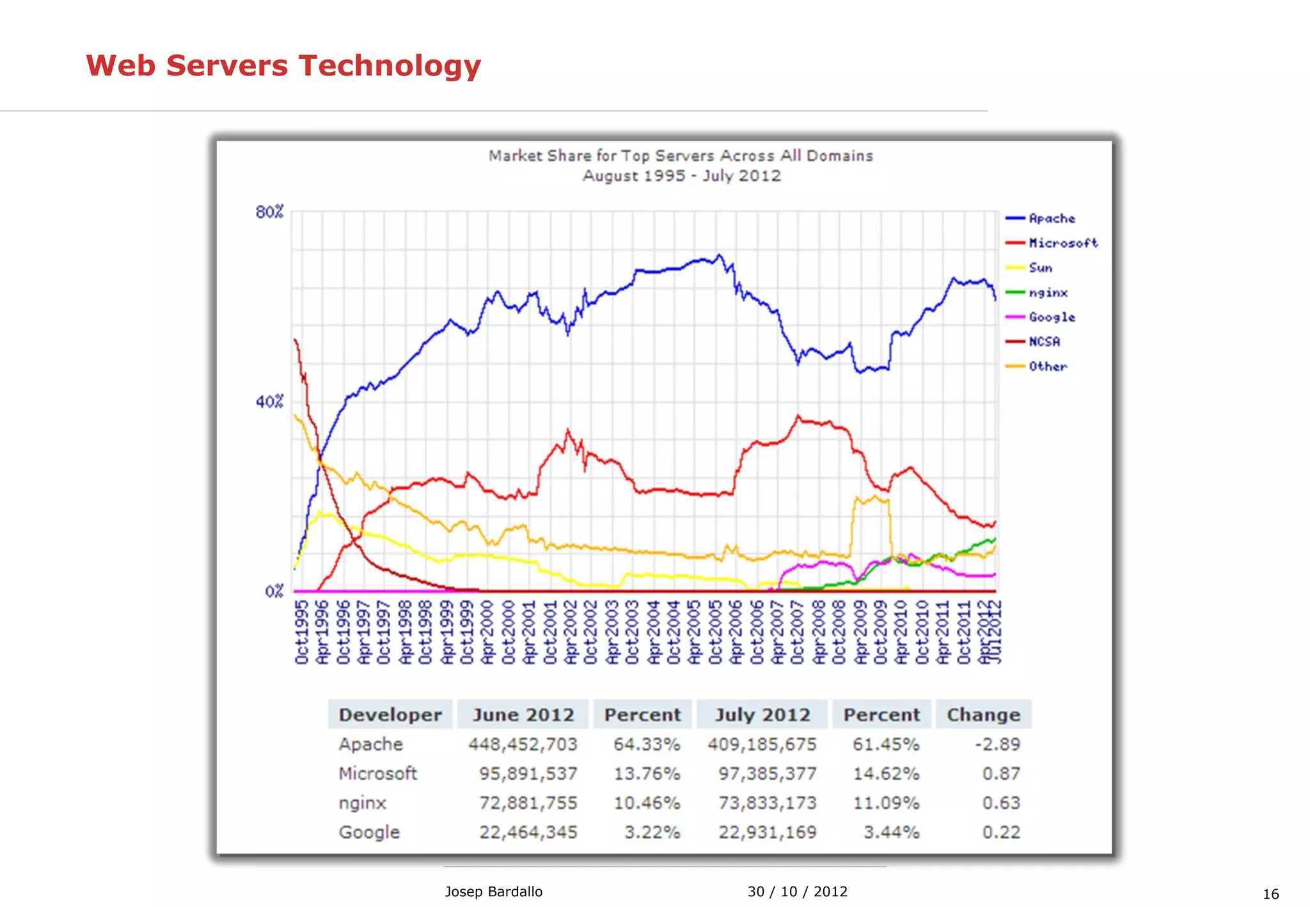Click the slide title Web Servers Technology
point(283,66)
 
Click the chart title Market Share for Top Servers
point(681,156)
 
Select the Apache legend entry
point(1051,218)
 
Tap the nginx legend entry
point(1048,292)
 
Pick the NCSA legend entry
point(1044,342)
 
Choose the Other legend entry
point(1047,367)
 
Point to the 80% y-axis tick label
point(269,212)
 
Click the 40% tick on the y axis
point(269,402)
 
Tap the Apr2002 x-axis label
point(571,632)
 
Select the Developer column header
point(390,714)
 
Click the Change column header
point(983,714)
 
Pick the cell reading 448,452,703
point(523,744)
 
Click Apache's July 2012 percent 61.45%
point(886,744)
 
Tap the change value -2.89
point(997,744)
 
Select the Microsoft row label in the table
point(377,773)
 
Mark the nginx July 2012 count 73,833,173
point(767,803)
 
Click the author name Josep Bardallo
point(493,891)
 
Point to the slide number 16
point(1270,894)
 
